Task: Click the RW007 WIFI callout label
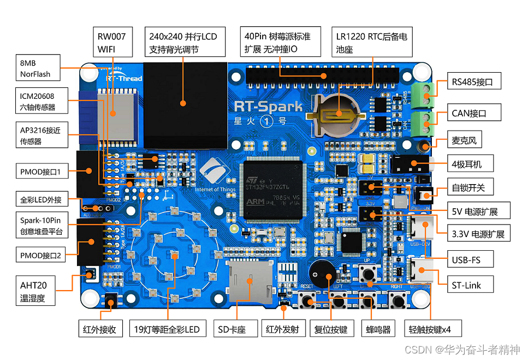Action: point(112,43)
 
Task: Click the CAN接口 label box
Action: point(468,114)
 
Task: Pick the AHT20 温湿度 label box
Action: point(37,291)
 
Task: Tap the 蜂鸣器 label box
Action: point(378,329)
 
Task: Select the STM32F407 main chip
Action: point(273,189)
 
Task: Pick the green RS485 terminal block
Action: point(423,93)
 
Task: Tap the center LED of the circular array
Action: point(174,255)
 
